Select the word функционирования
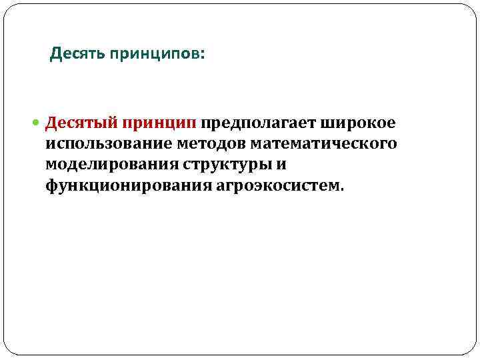129,184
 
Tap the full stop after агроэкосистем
343,188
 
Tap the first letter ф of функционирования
51,185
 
